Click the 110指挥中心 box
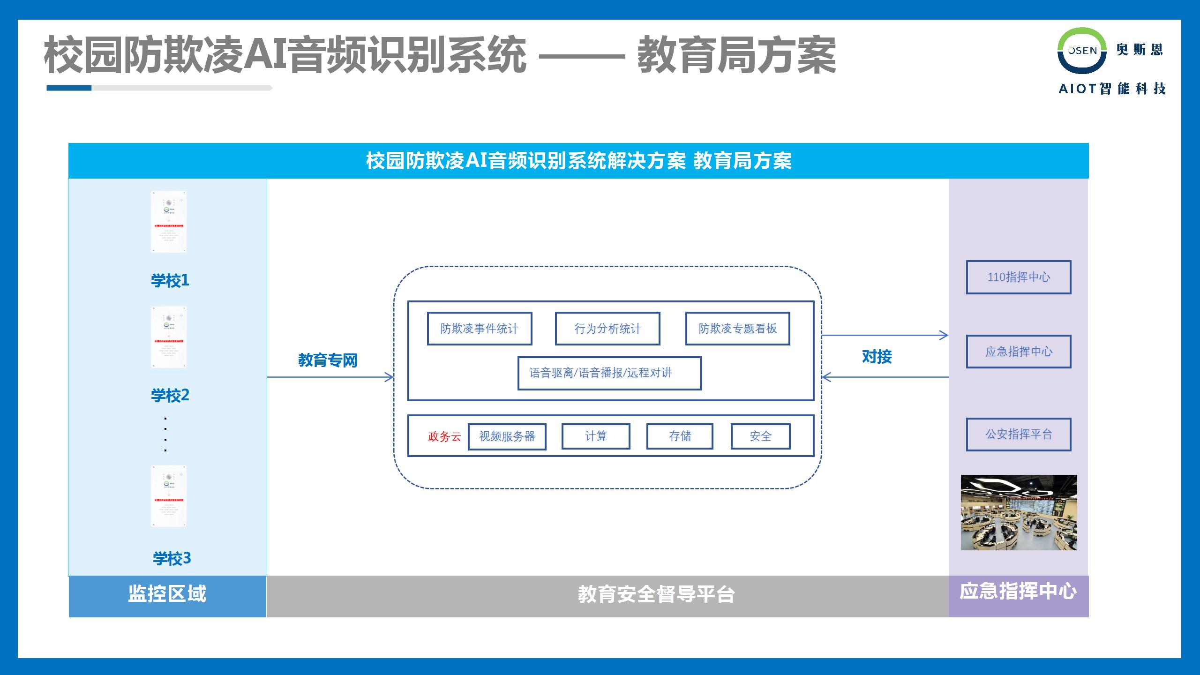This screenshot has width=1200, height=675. point(1019,277)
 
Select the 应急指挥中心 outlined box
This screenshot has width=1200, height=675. point(1019,352)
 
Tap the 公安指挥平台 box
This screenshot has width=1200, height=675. point(1019,435)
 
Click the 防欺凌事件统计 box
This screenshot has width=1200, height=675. point(479,329)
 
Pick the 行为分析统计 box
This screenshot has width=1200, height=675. point(607,329)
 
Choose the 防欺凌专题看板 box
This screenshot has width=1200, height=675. point(737,329)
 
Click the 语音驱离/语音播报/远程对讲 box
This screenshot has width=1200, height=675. point(609,373)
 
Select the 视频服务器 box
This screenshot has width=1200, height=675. point(507,436)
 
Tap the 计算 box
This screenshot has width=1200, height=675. point(596,436)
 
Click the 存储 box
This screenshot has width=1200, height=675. point(680,436)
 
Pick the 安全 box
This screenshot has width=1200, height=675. point(760,436)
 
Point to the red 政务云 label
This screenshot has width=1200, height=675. point(444,437)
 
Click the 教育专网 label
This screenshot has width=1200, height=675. point(328,360)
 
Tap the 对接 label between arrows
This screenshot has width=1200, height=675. point(877,357)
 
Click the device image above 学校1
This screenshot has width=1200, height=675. point(169,222)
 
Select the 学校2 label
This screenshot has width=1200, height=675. point(170,395)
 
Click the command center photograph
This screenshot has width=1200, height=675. point(1019,512)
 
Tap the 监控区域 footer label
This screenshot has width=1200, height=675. point(167,594)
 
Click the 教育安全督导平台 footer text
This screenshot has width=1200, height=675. point(656,594)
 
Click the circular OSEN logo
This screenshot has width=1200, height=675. point(1082,51)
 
